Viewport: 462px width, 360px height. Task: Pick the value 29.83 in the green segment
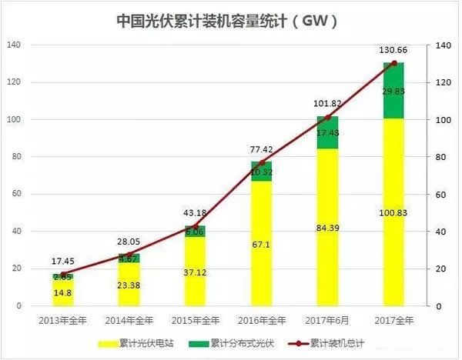point(393,90)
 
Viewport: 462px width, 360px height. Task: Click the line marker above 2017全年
point(393,63)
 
